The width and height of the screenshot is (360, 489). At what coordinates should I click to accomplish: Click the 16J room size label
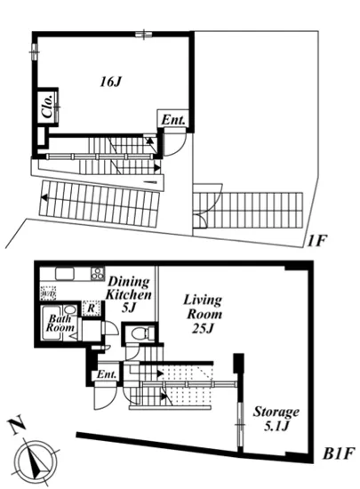tap(110, 82)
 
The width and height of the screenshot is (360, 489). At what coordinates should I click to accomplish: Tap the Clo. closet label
tap(48, 107)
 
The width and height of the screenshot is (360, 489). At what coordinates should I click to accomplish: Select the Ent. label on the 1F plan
tap(173, 120)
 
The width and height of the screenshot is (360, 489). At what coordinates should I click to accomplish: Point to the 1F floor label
tap(316, 241)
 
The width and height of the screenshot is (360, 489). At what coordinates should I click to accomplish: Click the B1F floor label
tap(339, 453)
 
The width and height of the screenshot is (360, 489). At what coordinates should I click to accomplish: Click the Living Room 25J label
tap(204, 314)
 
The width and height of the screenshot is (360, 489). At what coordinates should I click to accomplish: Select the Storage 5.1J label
tap(276, 419)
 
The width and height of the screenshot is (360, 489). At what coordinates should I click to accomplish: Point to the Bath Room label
tap(60, 323)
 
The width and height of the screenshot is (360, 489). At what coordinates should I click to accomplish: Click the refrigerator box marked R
tap(91, 309)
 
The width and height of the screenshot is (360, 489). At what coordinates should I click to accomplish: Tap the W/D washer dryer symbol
tap(48, 293)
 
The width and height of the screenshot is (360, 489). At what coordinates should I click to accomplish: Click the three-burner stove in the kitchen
tap(97, 273)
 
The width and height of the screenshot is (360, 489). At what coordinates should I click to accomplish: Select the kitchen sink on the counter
tap(65, 274)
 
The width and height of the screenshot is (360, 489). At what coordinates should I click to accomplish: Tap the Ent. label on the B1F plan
tap(107, 374)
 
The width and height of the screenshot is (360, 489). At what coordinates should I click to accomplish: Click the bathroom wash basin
tap(70, 309)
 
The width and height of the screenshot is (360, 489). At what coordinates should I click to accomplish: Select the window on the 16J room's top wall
tap(144, 34)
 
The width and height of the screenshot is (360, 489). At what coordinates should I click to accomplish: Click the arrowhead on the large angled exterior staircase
tap(44, 197)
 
